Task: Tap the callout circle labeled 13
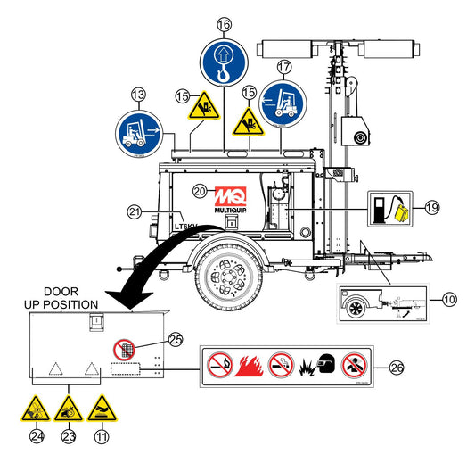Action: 138,94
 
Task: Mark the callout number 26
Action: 396,366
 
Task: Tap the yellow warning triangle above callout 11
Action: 101,409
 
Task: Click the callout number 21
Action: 134,211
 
